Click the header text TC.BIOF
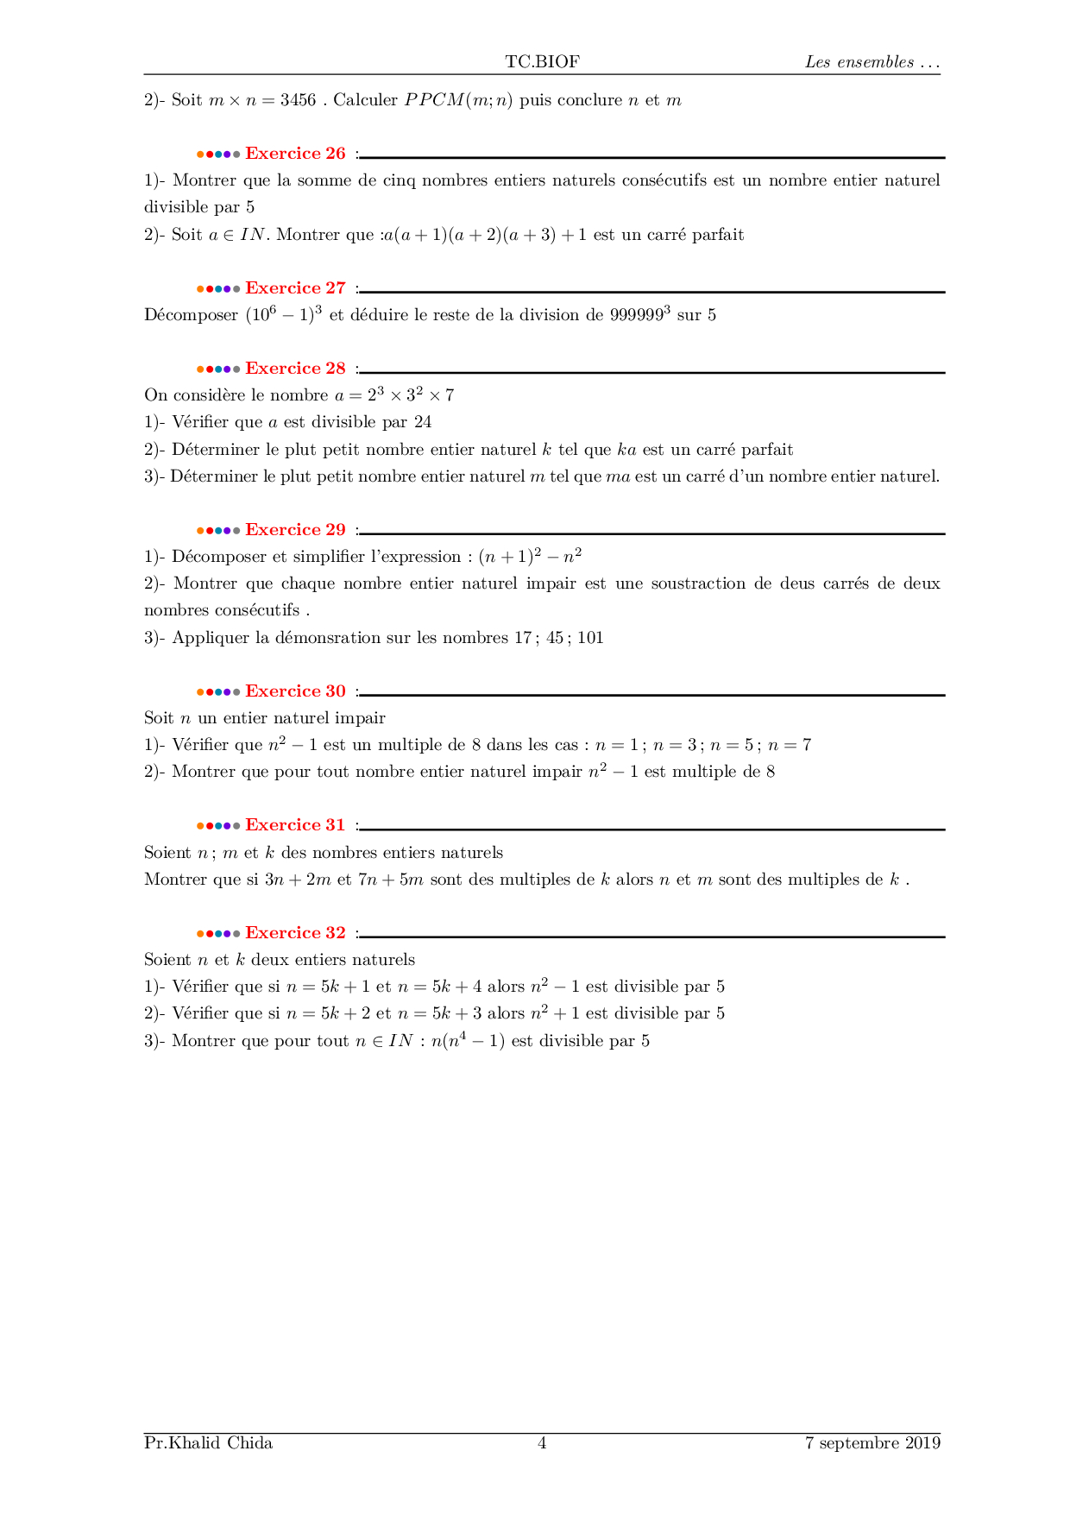(x=542, y=61)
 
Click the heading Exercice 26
(x=295, y=154)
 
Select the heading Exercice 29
(x=295, y=530)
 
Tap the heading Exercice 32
(x=295, y=933)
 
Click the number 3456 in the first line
(x=298, y=100)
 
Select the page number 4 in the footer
(x=542, y=1443)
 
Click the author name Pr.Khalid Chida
(x=208, y=1443)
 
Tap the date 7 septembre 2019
(x=872, y=1443)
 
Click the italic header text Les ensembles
(x=859, y=62)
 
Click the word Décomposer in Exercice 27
(x=191, y=315)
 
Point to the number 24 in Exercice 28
(x=423, y=422)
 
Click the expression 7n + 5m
(x=390, y=880)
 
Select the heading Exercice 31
(x=295, y=825)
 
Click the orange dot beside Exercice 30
(x=200, y=692)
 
